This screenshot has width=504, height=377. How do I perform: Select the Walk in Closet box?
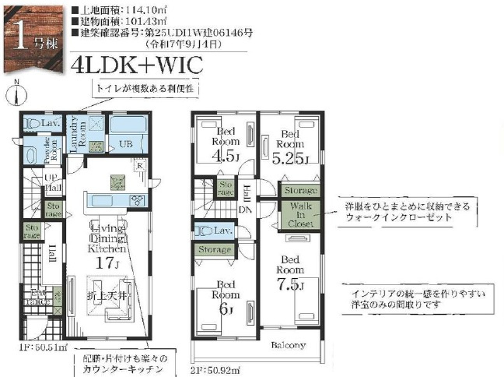[x=299, y=214]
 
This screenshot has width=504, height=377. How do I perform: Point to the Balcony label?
[x=288, y=345]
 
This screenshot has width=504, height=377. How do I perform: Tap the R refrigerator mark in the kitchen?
[x=138, y=164]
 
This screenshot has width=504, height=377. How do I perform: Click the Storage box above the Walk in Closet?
[x=301, y=190]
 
